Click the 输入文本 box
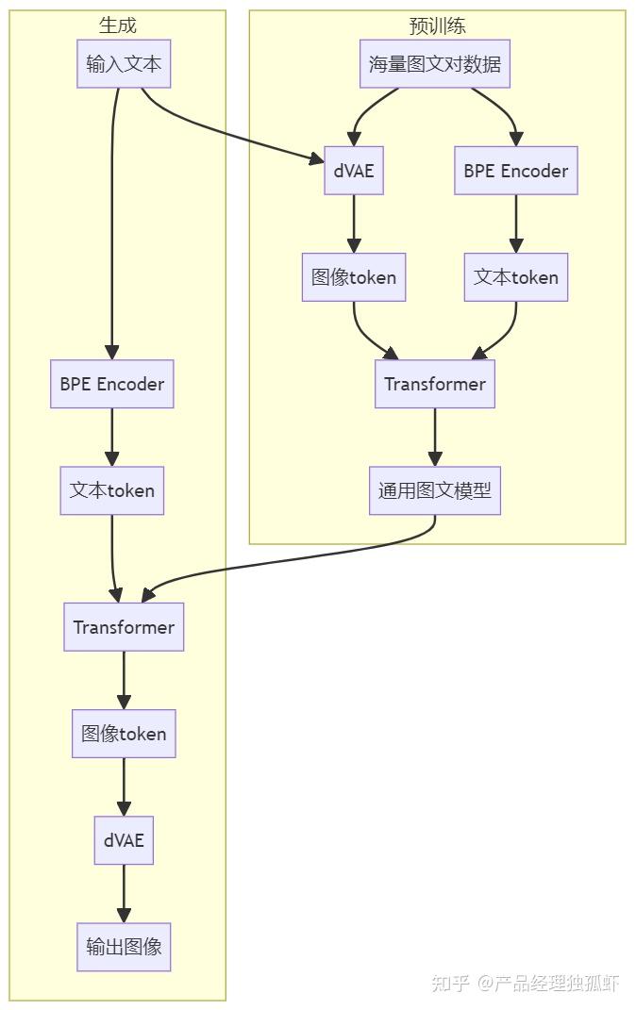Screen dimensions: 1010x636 [124, 64]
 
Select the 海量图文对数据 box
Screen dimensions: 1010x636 [435, 64]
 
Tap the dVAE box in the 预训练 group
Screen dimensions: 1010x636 [354, 171]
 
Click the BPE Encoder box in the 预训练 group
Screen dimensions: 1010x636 [516, 171]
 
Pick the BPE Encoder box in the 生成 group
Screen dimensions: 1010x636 [112, 384]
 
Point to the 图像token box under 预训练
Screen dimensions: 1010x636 [354, 277]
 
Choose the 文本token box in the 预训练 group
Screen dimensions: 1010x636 [516, 277]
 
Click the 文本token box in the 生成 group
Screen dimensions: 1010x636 [112, 490]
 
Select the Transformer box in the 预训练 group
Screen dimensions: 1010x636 [435, 384]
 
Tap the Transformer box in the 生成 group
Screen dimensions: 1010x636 [124, 627]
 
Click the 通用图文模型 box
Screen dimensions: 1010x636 [435, 490]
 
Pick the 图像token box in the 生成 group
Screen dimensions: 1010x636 [124, 734]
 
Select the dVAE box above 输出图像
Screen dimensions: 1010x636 [124, 840]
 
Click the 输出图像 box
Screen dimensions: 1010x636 [124, 947]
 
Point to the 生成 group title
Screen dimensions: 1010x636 [118, 25]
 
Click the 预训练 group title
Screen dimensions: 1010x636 [437, 25]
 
